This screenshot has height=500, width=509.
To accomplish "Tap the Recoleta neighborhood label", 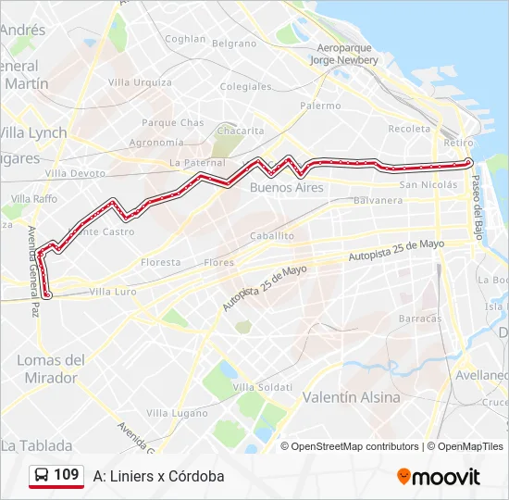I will click(411, 129).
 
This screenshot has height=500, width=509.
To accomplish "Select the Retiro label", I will click(458, 144).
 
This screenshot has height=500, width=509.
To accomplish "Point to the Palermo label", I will click(320, 106).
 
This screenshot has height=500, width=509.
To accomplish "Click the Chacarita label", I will click(240, 131).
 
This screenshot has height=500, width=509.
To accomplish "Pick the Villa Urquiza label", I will click(140, 82).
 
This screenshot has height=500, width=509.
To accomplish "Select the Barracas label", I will click(420, 318).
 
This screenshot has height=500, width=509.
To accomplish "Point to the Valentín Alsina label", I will click(352, 397).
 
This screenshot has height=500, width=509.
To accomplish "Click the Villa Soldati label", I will click(263, 386).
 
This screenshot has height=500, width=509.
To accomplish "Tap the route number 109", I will click(66, 475).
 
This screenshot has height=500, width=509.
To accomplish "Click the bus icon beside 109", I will click(43, 476).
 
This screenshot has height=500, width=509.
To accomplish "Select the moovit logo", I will click(439, 477).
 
